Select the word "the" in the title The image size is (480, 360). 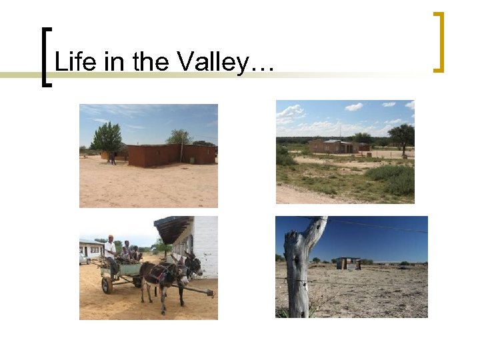[x=151, y=63]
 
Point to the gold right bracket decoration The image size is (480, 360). [x=439, y=41]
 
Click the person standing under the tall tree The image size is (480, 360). [x=113, y=158]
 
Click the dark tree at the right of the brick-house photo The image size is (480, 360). [x=401, y=135]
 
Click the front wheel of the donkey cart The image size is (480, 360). [x=107, y=285]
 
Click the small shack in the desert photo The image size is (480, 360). [x=347, y=263]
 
